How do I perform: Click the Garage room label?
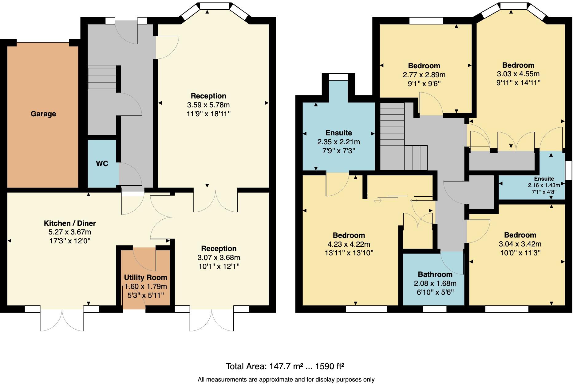click(43, 114)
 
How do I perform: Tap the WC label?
click(102, 164)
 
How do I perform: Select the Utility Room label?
click(145, 278)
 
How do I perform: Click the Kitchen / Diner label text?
click(70, 223)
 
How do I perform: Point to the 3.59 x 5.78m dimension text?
click(208, 105)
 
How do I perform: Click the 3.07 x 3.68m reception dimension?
click(219, 258)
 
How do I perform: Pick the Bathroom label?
click(435, 274)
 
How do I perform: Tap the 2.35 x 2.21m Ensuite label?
click(338, 142)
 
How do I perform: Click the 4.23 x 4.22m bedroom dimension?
click(349, 244)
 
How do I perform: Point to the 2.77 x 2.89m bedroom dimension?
click(424, 75)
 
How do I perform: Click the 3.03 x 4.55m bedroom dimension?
click(518, 74)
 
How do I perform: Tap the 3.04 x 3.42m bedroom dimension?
click(520, 244)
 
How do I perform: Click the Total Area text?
click(285, 366)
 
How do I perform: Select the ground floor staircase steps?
click(102, 78)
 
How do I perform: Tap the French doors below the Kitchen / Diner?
click(62, 320)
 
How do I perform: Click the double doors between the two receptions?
click(215, 202)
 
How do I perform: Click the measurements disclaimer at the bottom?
click(286, 380)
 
